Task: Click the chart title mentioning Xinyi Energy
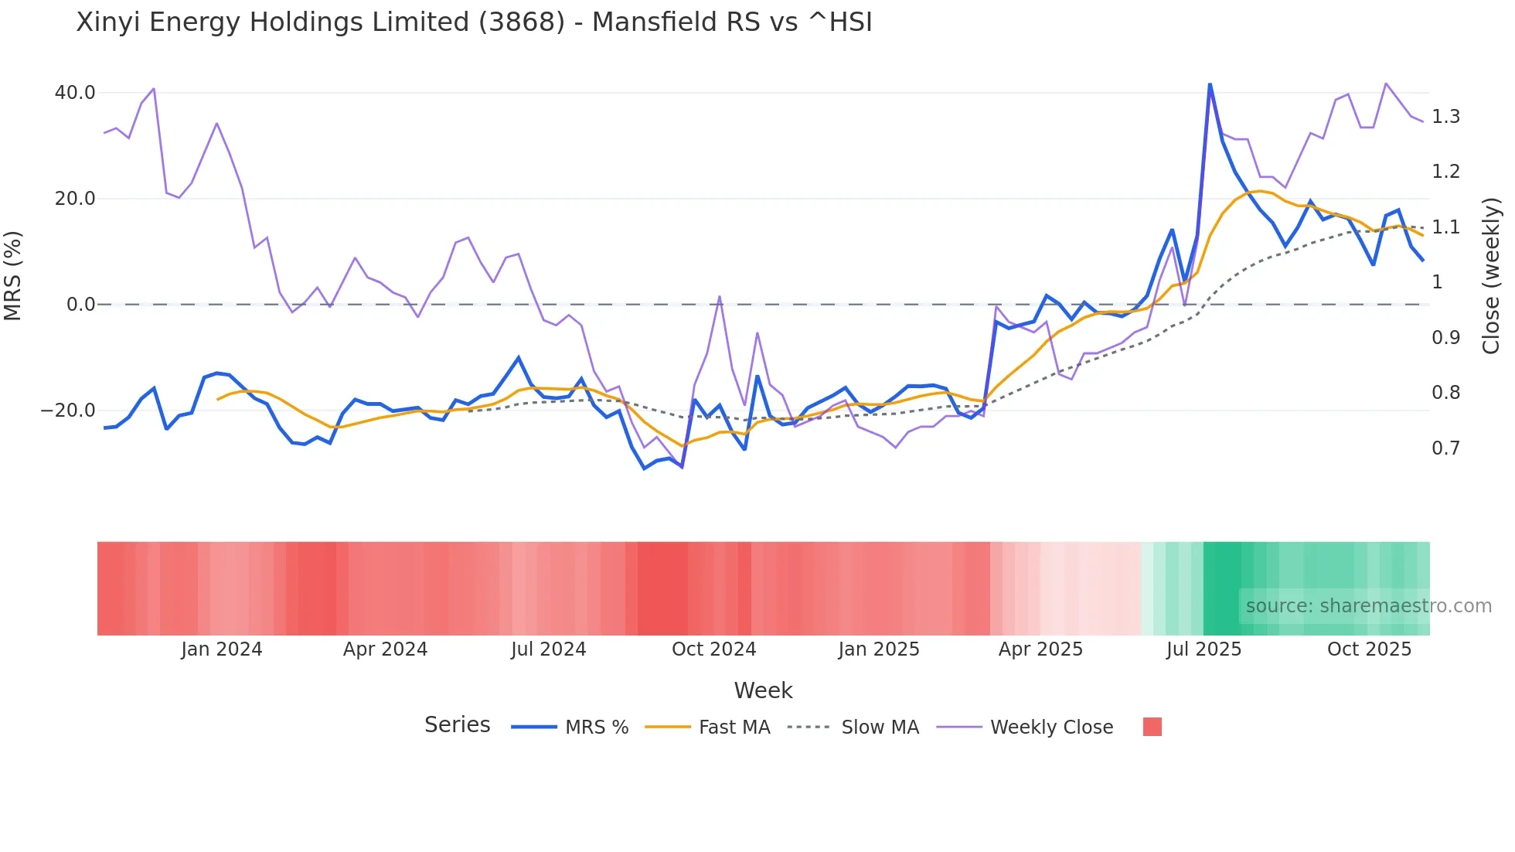click(474, 22)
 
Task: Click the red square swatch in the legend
click(1152, 727)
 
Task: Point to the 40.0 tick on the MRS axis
click(75, 93)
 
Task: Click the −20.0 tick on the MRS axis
click(68, 411)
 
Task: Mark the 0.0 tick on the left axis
click(80, 305)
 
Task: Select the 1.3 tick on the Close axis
click(1445, 117)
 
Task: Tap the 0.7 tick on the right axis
click(1445, 448)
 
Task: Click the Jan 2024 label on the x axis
click(222, 649)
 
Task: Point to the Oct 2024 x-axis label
click(713, 649)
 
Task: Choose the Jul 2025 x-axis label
click(1203, 649)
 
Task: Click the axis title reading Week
click(763, 690)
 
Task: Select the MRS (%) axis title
click(13, 275)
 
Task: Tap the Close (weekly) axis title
click(1491, 275)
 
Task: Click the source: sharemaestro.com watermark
click(1368, 606)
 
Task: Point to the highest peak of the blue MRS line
click(1210, 84)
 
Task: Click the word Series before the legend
click(457, 725)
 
